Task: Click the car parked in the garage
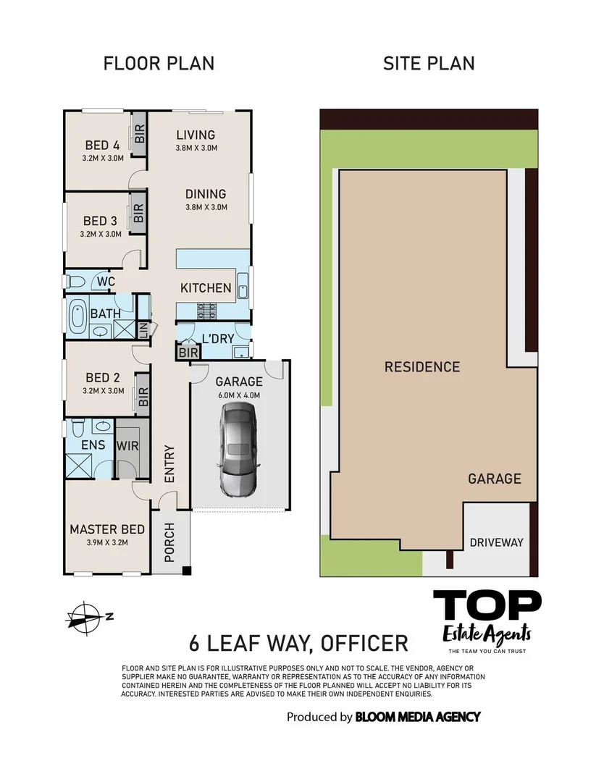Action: coord(239,450)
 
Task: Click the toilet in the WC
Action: coord(75,281)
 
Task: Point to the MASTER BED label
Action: coord(106,530)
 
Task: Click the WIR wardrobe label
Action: coord(127,446)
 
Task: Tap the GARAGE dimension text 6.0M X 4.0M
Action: coord(238,395)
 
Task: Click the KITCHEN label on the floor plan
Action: coord(206,288)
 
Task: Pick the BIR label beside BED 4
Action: coord(140,134)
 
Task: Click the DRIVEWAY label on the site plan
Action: coord(496,542)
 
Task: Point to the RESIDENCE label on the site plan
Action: coord(421,366)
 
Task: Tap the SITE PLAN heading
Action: coord(429,63)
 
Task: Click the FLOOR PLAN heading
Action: coord(159,63)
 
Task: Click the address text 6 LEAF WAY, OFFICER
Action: coord(298,643)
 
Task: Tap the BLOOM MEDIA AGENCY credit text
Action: coord(417,717)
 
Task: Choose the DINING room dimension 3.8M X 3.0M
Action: coord(206,207)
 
